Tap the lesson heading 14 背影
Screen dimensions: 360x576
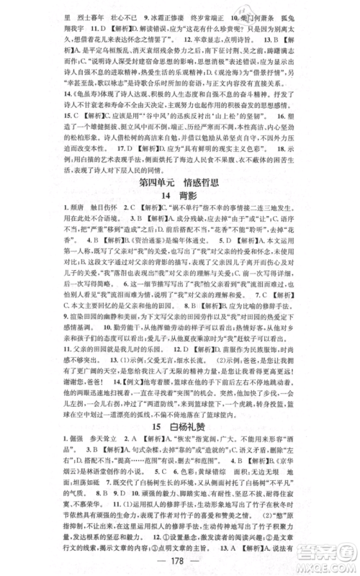(180, 197)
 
